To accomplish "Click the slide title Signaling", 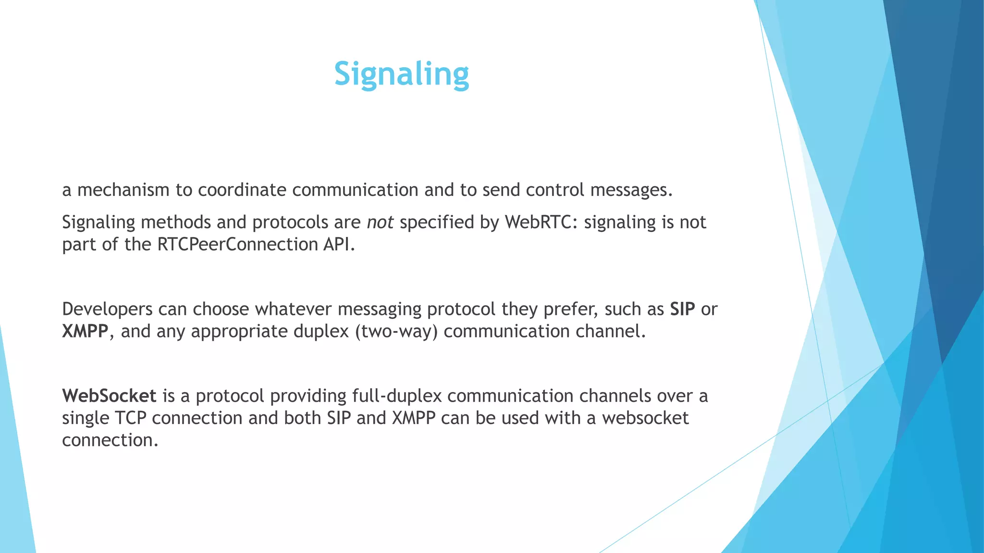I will click(x=401, y=74).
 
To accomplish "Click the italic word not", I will click(x=380, y=222).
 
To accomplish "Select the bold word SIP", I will click(x=682, y=309).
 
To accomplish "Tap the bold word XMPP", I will click(x=85, y=331).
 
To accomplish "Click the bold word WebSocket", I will click(x=109, y=396).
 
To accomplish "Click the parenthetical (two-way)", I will click(x=396, y=332).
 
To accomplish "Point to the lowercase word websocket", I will click(x=645, y=418).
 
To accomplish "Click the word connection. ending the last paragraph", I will click(x=110, y=440).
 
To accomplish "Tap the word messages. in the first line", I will click(x=631, y=190).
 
